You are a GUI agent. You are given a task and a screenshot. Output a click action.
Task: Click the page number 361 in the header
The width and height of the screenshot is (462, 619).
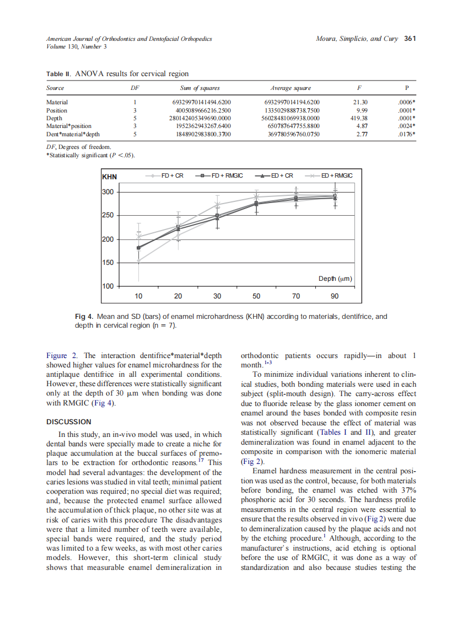pyautogui.click(x=410, y=39)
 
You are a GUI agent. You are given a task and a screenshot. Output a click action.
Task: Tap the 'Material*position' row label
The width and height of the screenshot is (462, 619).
pyautogui.click(x=69, y=126)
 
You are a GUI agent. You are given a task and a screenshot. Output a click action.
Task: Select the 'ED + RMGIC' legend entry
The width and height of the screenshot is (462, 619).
pyautogui.click(x=336, y=175)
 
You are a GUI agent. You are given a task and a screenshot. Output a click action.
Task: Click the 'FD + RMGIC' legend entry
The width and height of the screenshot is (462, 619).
pyautogui.click(x=225, y=175)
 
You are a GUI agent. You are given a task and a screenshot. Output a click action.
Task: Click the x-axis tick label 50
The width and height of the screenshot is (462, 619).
pyautogui.click(x=256, y=296)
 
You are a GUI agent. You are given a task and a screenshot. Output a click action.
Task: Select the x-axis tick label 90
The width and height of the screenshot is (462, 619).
pyautogui.click(x=335, y=296)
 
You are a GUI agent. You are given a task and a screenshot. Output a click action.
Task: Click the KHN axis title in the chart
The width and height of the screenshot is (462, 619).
pyautogui.click(x=110, y=177)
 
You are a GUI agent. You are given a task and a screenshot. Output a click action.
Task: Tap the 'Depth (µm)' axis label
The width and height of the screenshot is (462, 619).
pyautogui.click(x=335, y=279)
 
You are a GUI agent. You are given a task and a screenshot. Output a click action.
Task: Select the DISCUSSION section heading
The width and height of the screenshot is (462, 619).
pyautogui.click(x=69, y=421)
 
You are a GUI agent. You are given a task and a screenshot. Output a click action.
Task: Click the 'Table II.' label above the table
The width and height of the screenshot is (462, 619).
pyautogui.click(x=58, y=74)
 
